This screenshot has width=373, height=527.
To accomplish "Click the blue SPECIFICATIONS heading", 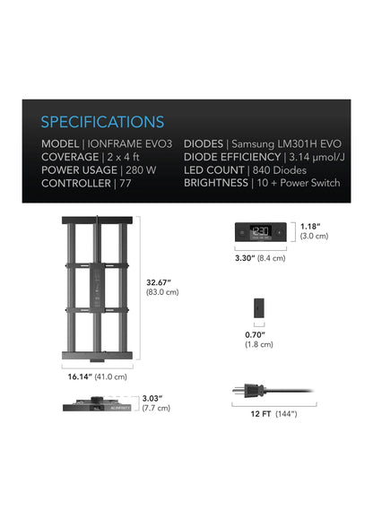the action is (102, 122).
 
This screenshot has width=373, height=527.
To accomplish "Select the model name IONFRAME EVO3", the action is (130, 143).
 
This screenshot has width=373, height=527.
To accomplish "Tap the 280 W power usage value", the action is (141, 170).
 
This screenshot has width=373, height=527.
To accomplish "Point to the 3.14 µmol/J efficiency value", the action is (317, 158).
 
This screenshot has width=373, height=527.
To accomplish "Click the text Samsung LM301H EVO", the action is (286, 143).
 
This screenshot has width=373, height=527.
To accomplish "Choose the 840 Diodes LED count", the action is (280, 170).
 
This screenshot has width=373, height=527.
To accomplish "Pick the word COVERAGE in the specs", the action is (70, 157).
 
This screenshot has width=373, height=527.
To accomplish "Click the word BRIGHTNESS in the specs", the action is (216, 183).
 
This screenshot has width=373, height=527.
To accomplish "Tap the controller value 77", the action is (126, 184).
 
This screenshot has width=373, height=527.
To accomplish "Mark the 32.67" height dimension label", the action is (159, 282).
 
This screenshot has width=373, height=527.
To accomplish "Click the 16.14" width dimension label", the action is (80, 376).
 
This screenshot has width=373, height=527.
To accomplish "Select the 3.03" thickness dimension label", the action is (152, 399).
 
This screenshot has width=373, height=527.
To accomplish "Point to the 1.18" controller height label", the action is (310, 227).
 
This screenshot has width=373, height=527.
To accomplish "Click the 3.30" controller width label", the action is (245, 258).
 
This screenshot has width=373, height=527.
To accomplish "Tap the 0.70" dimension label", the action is (255, 335).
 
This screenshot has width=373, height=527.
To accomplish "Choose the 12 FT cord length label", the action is (261, 414).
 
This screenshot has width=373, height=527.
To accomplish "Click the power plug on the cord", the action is (249, 391).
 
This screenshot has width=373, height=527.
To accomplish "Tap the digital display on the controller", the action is (261, 232).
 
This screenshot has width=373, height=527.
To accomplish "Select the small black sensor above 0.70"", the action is (259, 307).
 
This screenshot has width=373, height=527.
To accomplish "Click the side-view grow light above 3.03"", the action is (97, 404).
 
